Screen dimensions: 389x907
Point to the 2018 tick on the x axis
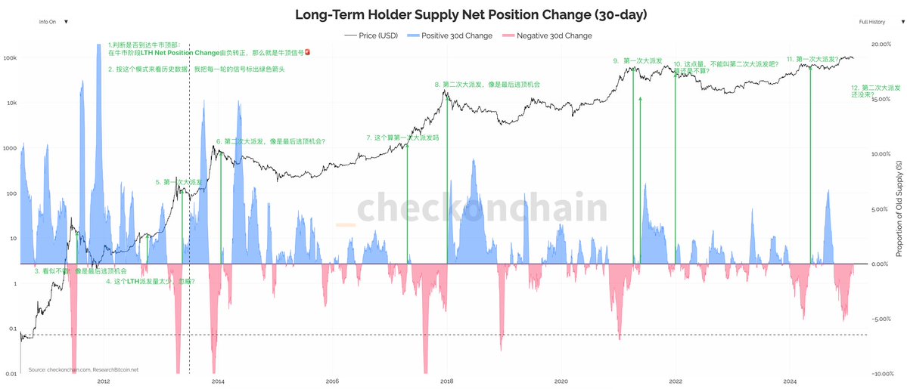pos(446,381)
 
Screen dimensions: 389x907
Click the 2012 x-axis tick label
pos(104,381)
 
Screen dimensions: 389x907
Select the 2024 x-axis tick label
pos(790,381)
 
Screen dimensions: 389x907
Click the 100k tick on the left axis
pos(10,57)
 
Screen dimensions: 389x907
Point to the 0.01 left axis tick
pos(10,374)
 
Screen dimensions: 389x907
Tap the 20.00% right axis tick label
pos(881,45)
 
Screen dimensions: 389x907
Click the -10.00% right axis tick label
pos(881,374)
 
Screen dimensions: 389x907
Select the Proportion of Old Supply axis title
pos(899,208)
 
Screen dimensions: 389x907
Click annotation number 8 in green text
pos(487,85)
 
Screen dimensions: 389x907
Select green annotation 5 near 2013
pos(179,182)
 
